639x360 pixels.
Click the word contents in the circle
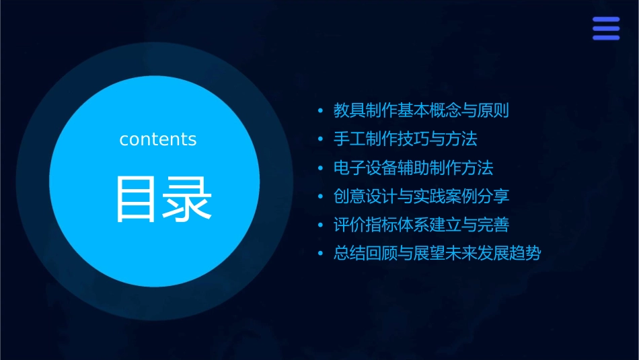click(x=158, y=139)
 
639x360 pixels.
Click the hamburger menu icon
click(x=606, y=29)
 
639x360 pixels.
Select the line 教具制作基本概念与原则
click(x=421, y=111)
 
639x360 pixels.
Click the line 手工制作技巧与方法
click(x=405, y=139)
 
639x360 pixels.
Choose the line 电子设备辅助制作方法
click(x=413, y=168)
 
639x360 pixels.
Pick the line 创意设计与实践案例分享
click(x=421, y=196)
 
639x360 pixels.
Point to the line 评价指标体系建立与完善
click(x=421, y=225)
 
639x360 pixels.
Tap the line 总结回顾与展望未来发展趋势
click(x=437, y=254)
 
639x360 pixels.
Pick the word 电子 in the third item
click(x=350, y=168)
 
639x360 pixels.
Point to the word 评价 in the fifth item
click(x=350, y=225)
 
